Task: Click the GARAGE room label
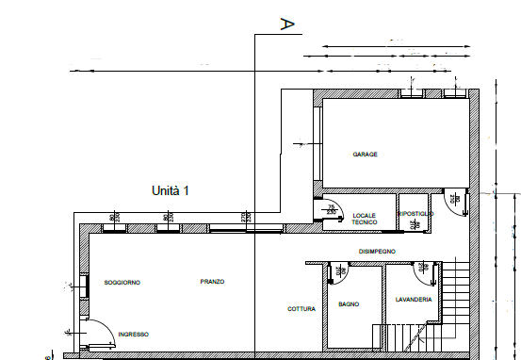point(366,155)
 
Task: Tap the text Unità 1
point(171,190)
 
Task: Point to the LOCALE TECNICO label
point(364,218)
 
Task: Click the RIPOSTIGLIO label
point(415,215)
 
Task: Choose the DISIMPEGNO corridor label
point(377,251)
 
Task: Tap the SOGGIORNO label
point(122,282)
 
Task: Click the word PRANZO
point(213,282)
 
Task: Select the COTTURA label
point(302,308)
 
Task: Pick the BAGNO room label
point(349,303)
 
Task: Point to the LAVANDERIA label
point(415,299)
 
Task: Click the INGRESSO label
point(133,333)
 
